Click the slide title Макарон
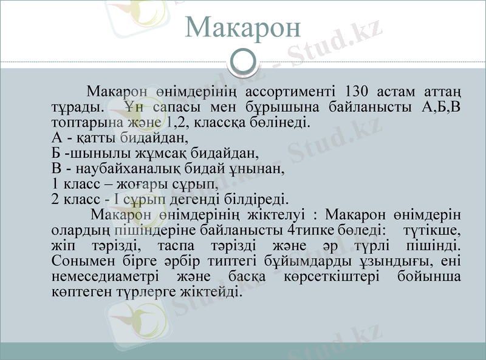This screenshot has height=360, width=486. [x=242, y=27]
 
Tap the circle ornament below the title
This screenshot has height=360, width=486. [x=243, y=61]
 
